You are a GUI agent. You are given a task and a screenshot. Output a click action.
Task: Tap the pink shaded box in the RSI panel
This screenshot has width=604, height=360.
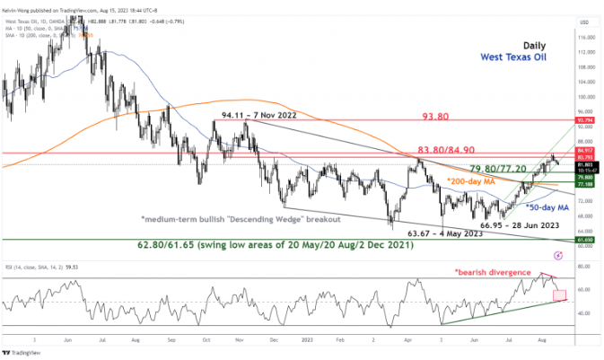point(561,294)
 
